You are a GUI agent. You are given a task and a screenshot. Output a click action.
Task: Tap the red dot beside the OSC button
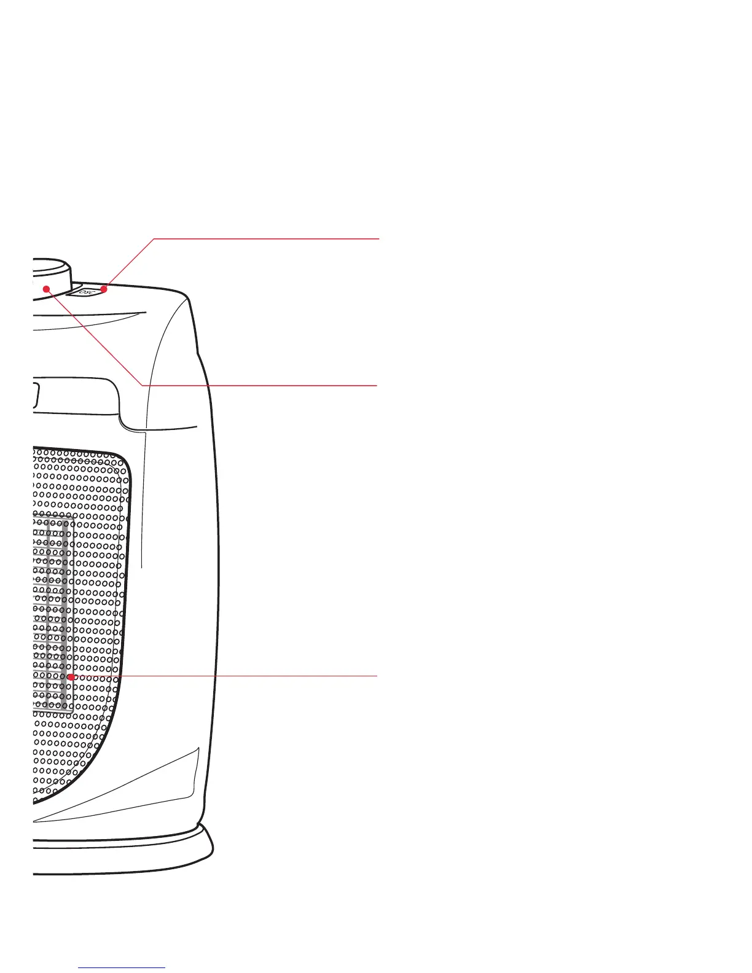(x=104, y=288)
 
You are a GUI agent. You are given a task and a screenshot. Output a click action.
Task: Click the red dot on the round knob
(x=46, y=289)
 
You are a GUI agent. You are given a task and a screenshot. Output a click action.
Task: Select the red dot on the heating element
(x=71, y=676)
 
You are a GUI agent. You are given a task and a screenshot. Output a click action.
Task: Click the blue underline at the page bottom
(x=122, y=967)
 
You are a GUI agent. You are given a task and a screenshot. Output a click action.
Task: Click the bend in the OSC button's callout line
(x=154, y=238)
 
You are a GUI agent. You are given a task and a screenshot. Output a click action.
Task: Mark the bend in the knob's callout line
(x=143, y=385)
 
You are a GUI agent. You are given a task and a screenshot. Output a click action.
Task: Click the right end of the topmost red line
(x=379, y=238)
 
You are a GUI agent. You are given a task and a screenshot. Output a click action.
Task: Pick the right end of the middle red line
(x=376, y=385)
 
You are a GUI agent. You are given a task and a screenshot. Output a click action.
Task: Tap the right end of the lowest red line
(x=376, y=676)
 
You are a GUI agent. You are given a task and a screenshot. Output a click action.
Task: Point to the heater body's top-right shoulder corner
(x=187, y=298)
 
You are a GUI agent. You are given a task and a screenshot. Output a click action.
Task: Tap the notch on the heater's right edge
(x=198, y=353)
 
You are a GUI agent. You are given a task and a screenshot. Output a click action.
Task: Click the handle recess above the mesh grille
(x=74, y=393)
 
